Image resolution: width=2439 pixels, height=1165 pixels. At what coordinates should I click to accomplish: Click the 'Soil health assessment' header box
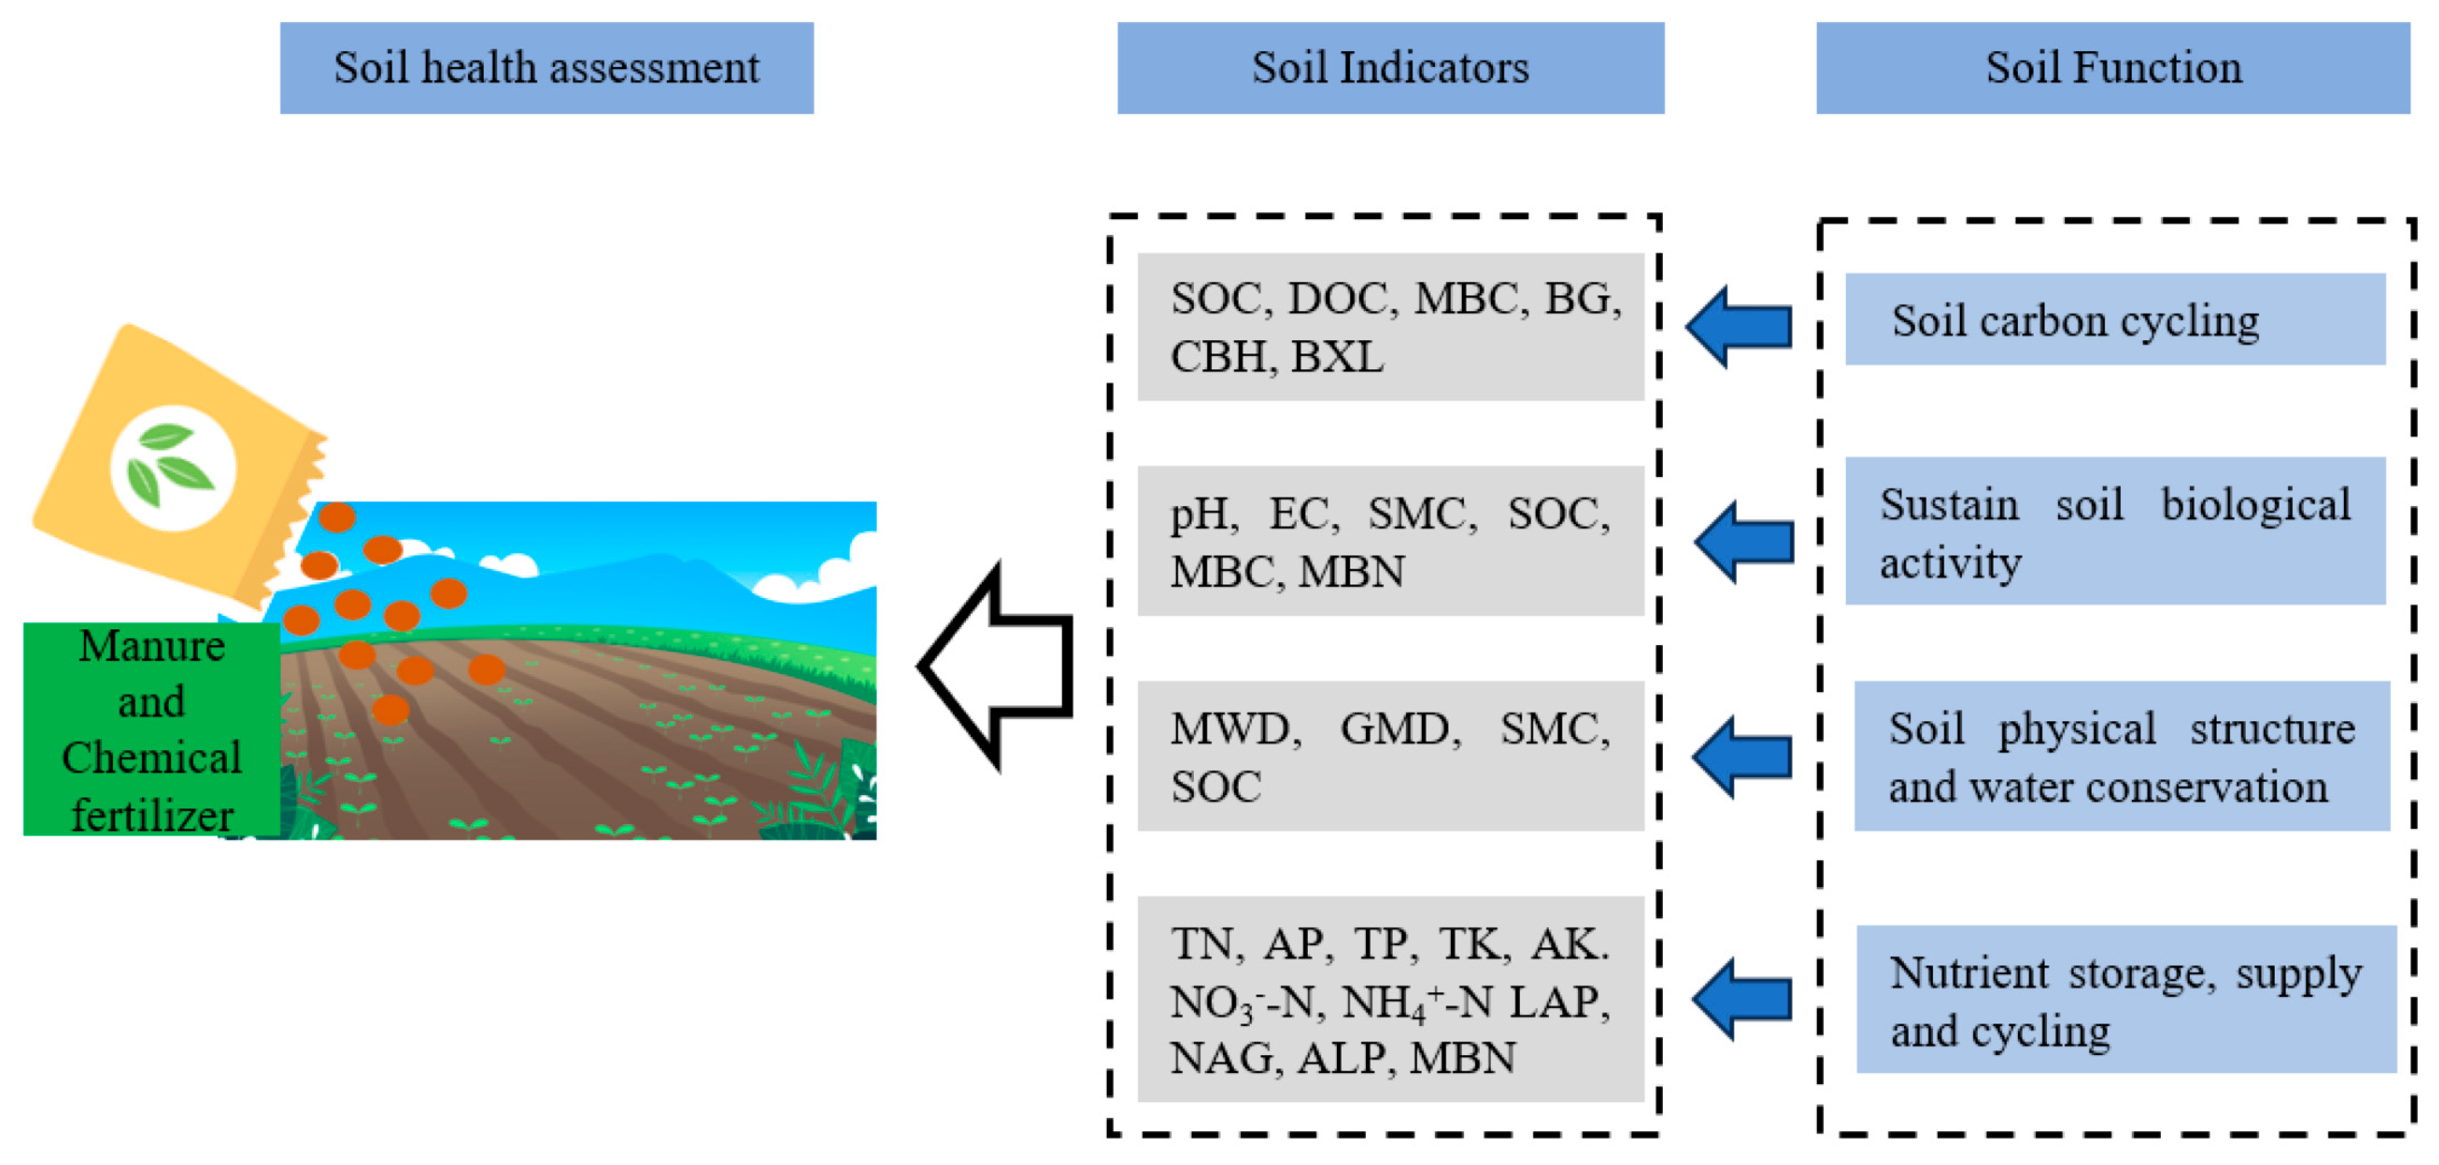[546, 68]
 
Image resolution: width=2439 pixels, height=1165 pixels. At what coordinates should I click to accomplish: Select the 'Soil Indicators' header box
[1390, 68]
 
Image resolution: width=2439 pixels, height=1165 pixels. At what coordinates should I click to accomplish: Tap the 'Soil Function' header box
[2112, 68]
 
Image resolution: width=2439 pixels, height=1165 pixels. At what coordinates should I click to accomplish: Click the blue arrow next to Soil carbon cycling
[1739, 327]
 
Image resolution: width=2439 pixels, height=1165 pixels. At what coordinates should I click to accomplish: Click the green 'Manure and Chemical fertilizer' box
[152, 729]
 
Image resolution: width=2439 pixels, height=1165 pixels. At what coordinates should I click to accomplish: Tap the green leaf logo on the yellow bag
[172, 468]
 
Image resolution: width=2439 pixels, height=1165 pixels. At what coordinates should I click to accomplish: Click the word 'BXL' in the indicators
[1337, 358]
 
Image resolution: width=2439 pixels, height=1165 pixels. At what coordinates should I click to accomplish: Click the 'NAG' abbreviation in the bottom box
[1225, 1059]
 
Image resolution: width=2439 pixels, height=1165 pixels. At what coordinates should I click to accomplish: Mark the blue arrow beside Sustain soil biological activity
[1744, 542]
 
